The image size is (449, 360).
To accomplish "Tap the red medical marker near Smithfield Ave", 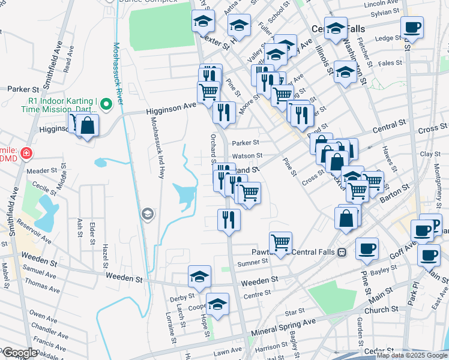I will pyautogui.click(x=26, y=154).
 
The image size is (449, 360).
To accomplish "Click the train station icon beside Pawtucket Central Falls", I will pyautogui.click(x=342, y=252).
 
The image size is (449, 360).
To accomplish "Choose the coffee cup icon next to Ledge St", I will pyautogui.click(x=412, y=28).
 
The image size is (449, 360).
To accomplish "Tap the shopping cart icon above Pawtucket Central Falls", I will pyautogui.click(x=280, y=242).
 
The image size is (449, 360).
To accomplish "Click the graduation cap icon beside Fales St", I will pyautogui.click(x=345, y=73).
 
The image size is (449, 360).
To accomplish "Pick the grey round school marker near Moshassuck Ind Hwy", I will pyautogui.click(x=147, y=214).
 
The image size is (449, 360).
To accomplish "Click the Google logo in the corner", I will pyautogui.click(x=19, y=353).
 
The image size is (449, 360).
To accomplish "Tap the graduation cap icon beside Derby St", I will pyautogui.click(x=199, y=277).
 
